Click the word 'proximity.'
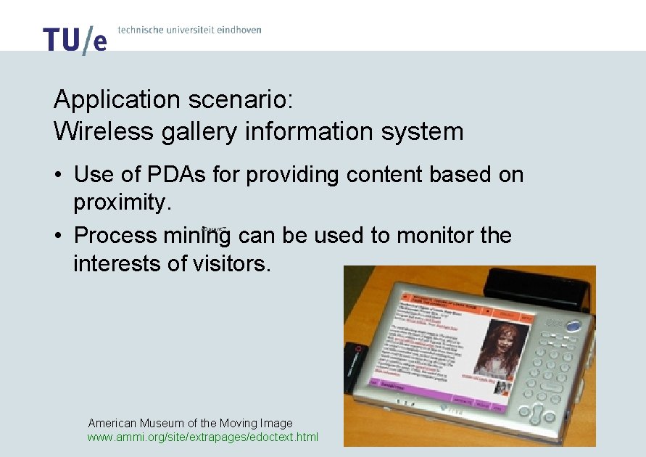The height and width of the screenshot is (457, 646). pyautogui.click(x=123, y=202)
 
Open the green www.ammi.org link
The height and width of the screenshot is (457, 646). pyautogui.click(x=202, y=437)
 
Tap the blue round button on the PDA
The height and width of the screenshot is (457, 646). pyautogui.click(x=574, y=326)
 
